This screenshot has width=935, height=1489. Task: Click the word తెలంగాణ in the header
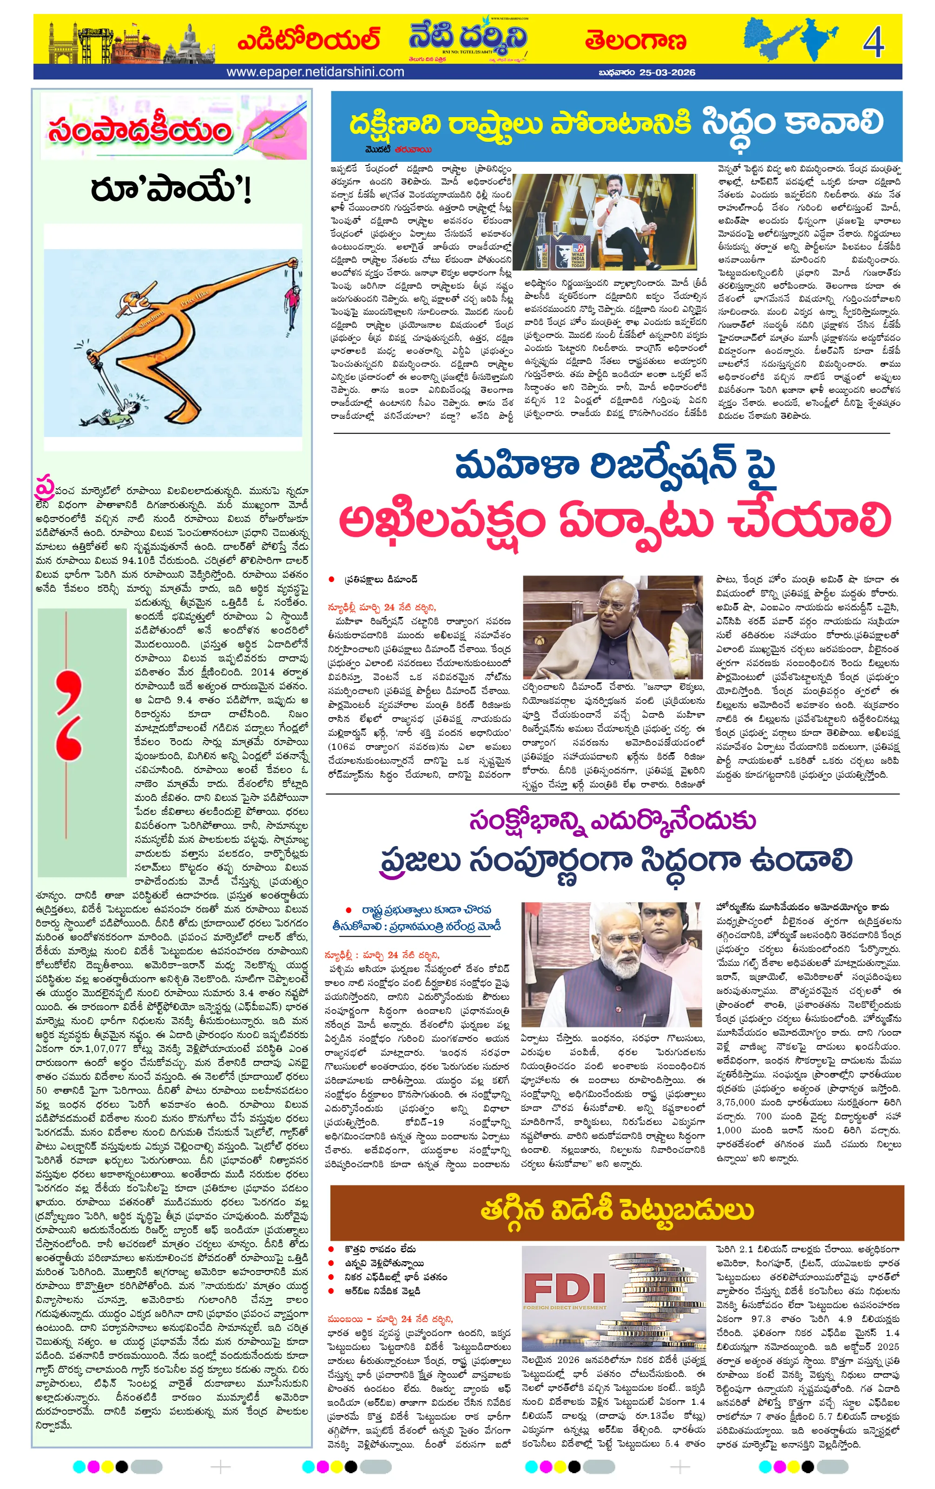point(635,41)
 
